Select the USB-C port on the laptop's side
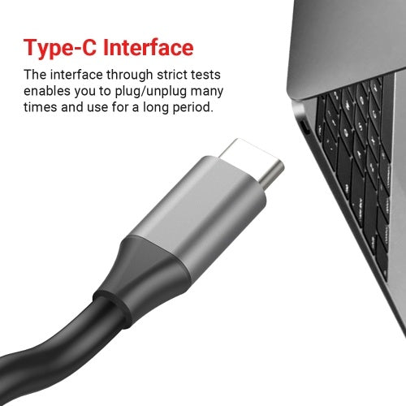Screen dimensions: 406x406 303,127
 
